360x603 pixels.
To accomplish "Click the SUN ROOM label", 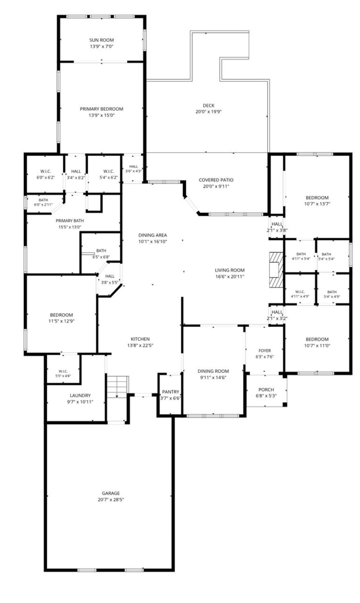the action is [101, 40].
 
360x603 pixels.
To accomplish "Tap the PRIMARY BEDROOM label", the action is [101, 109].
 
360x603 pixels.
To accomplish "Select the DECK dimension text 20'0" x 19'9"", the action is [208, 112].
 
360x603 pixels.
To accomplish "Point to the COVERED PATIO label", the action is [216, 180].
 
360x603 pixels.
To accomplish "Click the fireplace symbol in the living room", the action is [276, 270].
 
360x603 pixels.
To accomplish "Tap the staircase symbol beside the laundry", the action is [118, 387].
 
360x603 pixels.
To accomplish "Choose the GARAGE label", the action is [111, 493].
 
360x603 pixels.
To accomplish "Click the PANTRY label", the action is [170, 392].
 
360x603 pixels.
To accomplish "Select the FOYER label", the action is [265, 351].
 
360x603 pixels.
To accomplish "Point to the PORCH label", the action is [266, 390].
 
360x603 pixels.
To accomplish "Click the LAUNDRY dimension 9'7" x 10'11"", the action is [80, 402].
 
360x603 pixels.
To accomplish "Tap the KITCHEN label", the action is [140, 339].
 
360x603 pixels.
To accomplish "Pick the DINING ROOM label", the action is [213, 371].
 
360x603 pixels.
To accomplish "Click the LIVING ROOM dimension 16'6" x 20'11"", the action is [230, 277].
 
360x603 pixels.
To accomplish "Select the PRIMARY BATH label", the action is [70, 221].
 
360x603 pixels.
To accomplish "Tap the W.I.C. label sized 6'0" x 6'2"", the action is [46, 171].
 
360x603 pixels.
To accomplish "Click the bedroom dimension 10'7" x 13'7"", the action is [317, 204].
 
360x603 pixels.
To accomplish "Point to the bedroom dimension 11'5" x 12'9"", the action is [61, 321].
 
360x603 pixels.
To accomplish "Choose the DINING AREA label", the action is [153, 235].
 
